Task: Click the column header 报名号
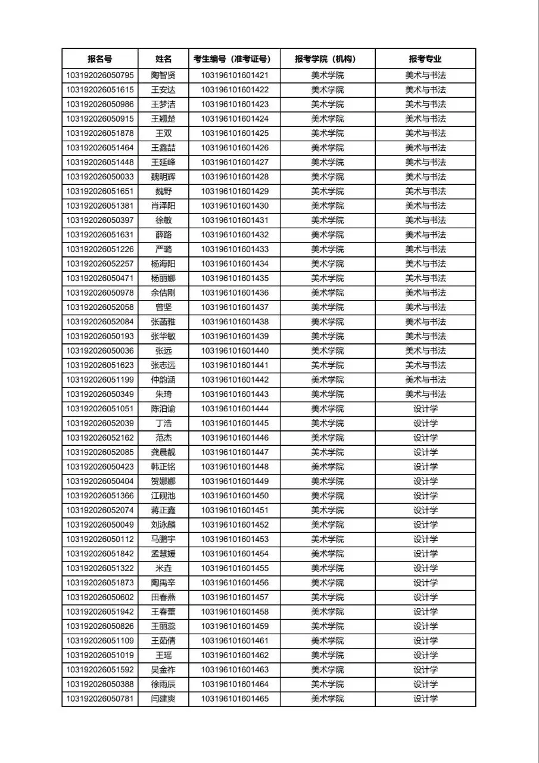[99, 59]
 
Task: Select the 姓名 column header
[163, 59]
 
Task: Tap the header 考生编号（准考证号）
[234, 59]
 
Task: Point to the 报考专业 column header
[425, 59]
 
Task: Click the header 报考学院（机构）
[327, 59]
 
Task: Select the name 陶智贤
[163, 76]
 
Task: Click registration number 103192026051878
[100, 134]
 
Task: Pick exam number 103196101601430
[235, 206]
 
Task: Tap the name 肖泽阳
[163, 206]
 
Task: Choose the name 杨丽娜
[163, 278]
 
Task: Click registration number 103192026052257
[100, 263]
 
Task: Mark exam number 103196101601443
[235, 394]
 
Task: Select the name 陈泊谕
[163, 409]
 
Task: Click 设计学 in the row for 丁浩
[425, 423]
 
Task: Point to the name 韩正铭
[163, 467]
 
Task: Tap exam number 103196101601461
[235, 641]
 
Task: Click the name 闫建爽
[163, 699]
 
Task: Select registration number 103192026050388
[100, 684]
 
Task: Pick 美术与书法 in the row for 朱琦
[425, 394]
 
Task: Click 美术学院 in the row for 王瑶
[327, 655]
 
